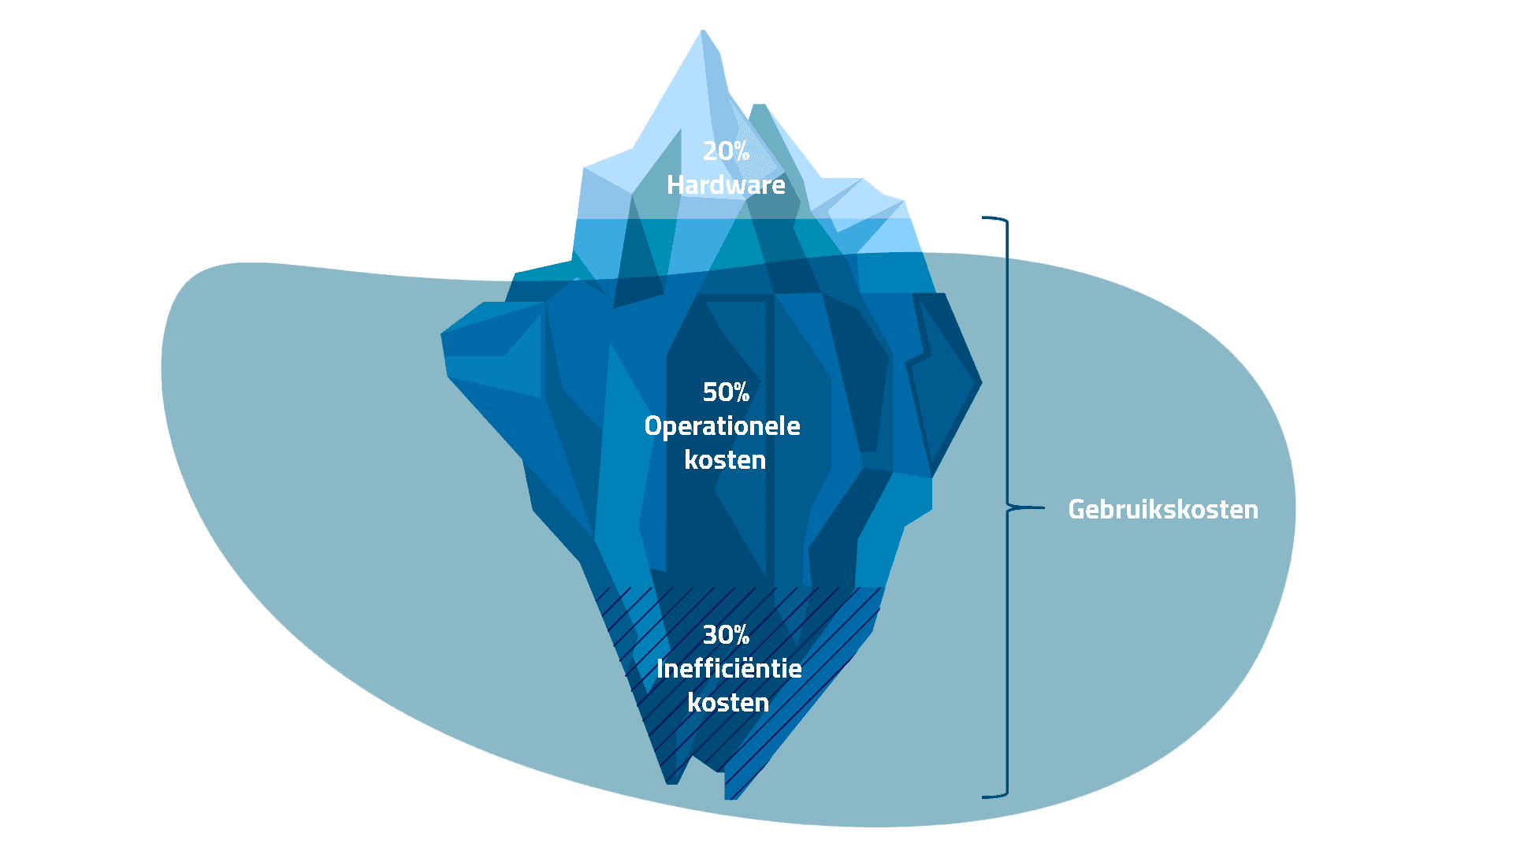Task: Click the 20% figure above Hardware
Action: (726, 151)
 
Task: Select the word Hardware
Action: (726, 185)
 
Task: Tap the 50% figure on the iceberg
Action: (726, 392)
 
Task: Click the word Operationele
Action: (722, 426)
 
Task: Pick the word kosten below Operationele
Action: (725, 460)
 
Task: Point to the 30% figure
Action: (726, 635)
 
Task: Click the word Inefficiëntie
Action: (729, 669)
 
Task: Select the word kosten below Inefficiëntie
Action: (728, 703)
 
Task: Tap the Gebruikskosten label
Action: (1162, 510)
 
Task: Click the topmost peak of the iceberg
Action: (703, 32)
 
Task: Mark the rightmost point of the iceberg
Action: (981, 383)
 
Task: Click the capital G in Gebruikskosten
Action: (1077, 510)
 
